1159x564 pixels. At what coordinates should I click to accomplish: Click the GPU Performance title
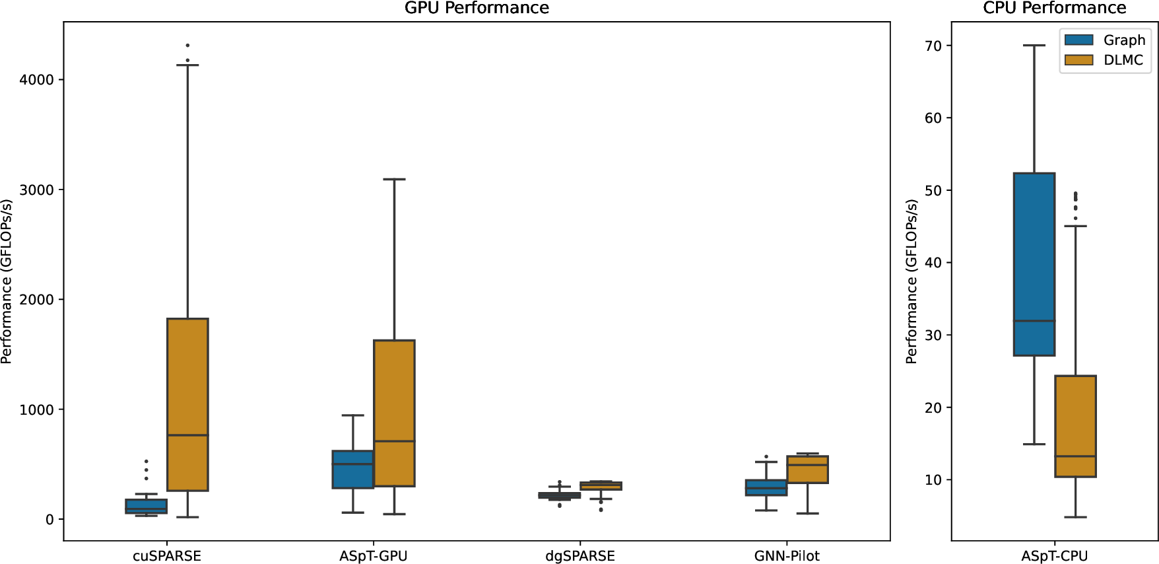(477, 8)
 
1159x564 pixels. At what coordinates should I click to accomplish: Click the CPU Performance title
(1054, 8)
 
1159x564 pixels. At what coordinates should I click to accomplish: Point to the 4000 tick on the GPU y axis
(36, 79)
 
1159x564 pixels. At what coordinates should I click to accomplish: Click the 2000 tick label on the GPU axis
(36, 300)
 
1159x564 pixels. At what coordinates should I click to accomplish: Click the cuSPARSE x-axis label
(167, 556)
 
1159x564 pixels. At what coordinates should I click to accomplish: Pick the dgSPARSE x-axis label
(580, 556)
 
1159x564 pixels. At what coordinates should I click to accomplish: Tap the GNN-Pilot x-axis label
(787, 556)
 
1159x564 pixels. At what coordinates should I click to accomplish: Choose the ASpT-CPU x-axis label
(1054, 556)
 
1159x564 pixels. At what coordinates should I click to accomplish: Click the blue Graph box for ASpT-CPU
(1034, 264)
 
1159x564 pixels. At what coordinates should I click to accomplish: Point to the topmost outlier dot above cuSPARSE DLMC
(187, 46)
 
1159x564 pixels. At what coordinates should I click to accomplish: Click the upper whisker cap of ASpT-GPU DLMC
(394, 179)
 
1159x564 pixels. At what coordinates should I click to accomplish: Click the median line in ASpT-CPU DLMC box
(1075, 456)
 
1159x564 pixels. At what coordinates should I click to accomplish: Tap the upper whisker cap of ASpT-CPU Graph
(1034, 46)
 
